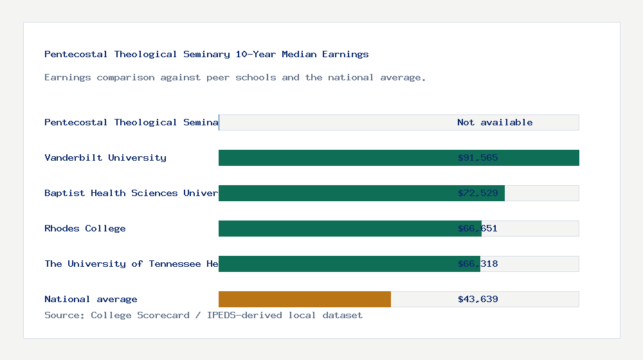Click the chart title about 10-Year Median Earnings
206,54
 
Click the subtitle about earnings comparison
235,77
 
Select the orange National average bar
304,299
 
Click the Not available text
494,122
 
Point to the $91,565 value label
478,157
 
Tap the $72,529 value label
478,193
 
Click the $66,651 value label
478,228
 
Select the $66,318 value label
478,264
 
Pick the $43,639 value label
478,299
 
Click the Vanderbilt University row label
105,157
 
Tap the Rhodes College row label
85,228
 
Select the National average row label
91,299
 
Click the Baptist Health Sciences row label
131,193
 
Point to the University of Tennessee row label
131,264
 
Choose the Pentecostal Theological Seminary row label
131,122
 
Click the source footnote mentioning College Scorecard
203,315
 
